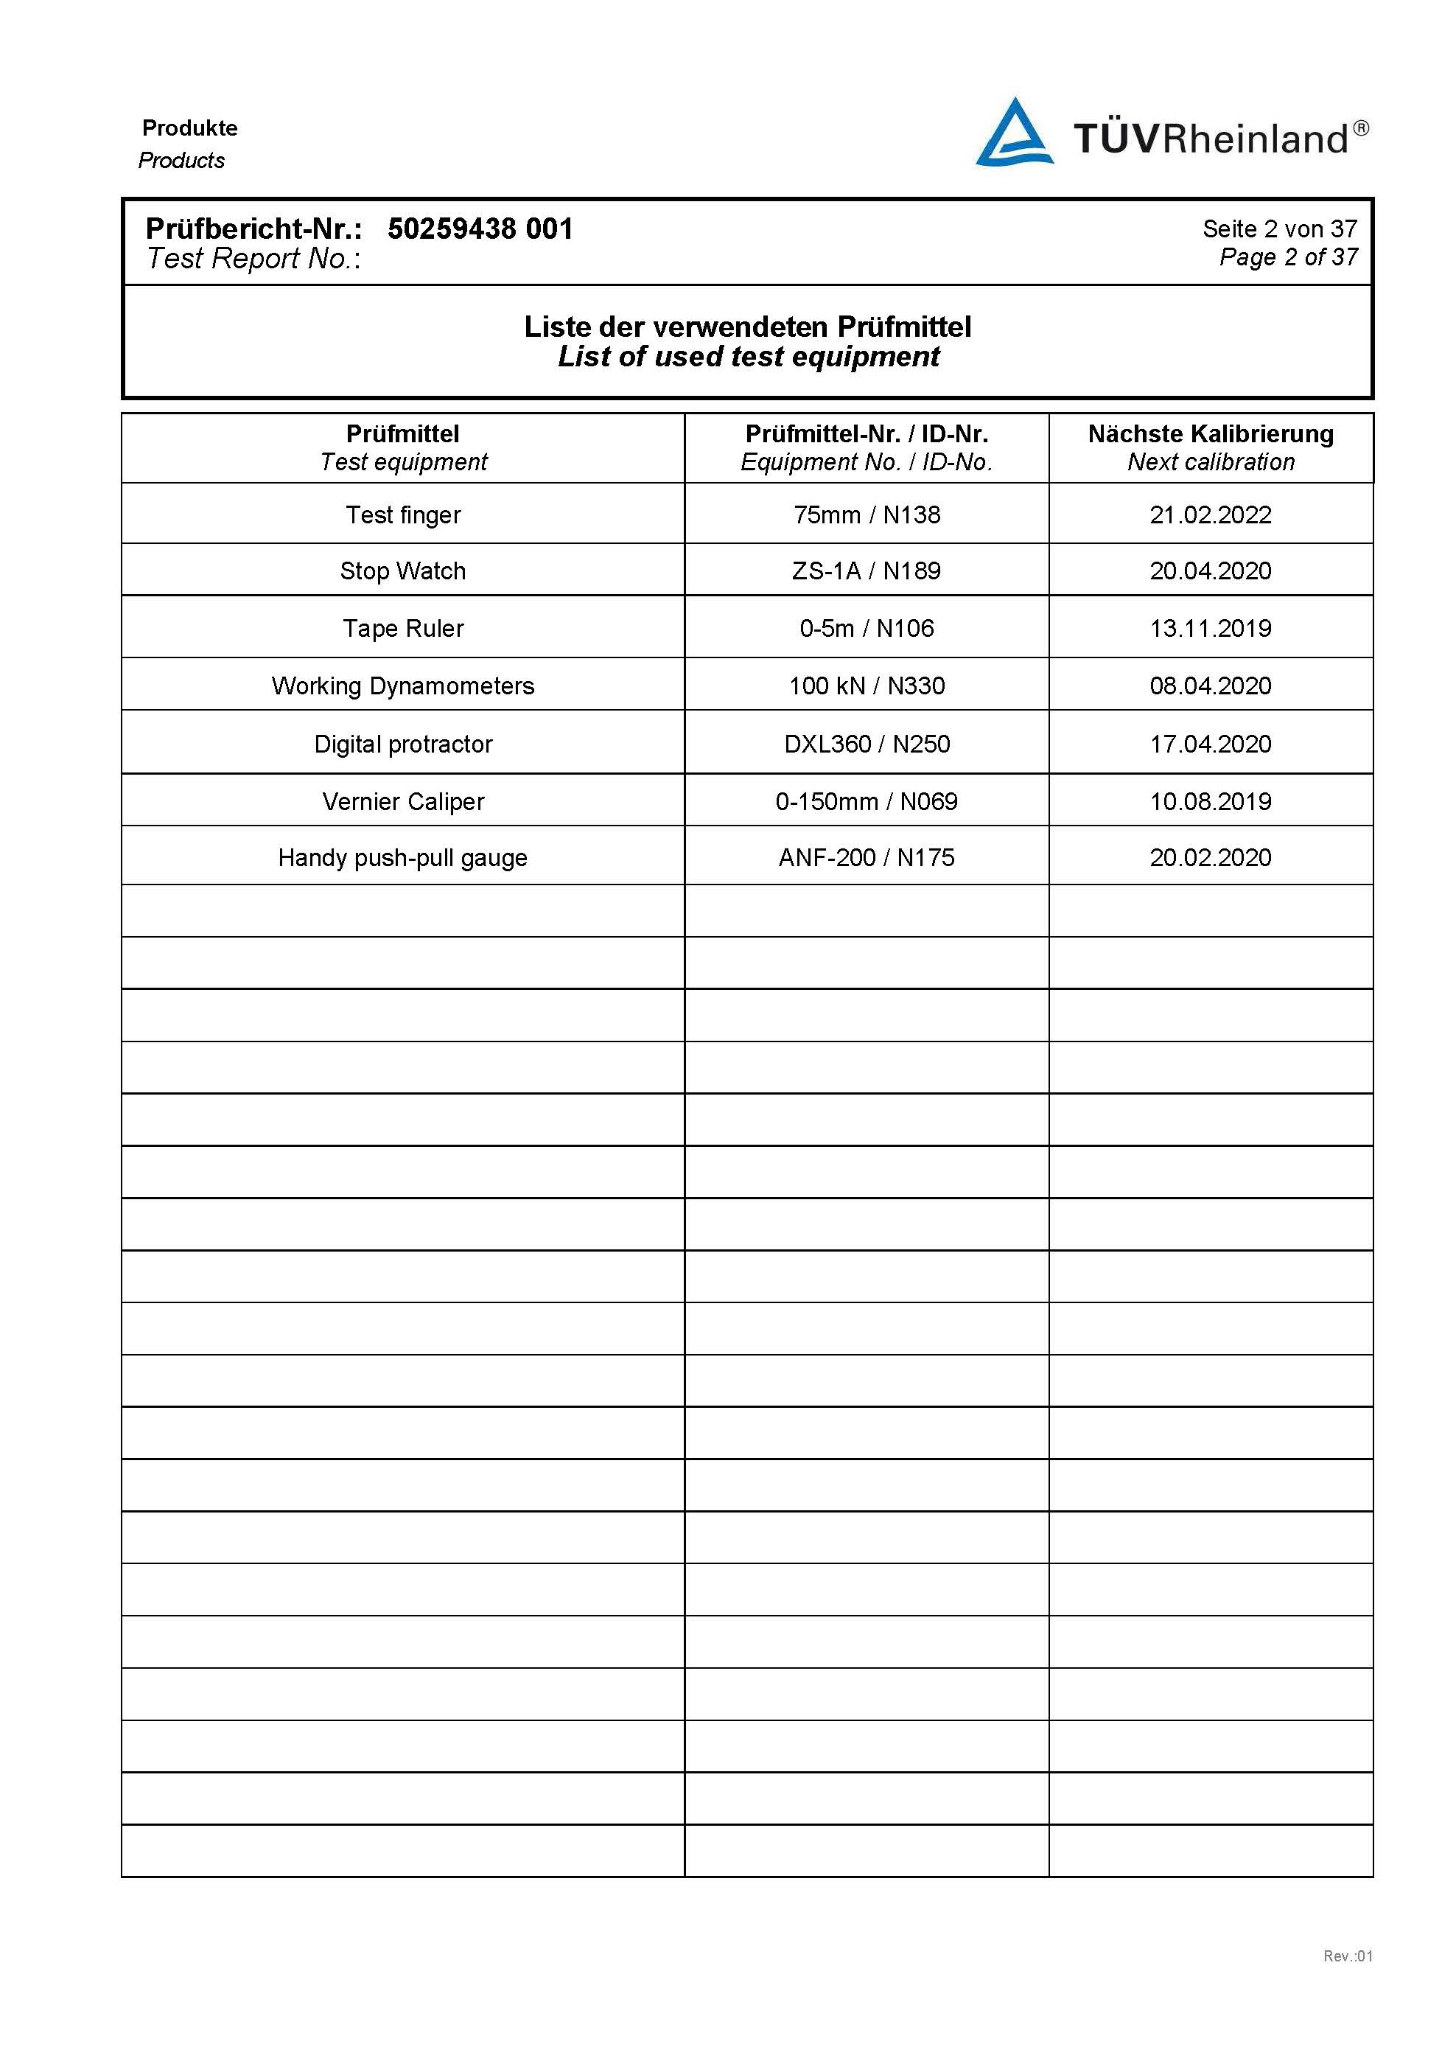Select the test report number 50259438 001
(480, 229)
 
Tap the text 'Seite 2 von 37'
(1278, 229)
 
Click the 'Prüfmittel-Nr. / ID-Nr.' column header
(866, 434)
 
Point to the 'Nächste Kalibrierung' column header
(1210, 434)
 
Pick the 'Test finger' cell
(403, 514)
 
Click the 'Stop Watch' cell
(403, 571)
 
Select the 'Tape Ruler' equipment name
(403, 628)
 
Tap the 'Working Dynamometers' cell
(403, 685)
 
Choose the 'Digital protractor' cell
(403, 744)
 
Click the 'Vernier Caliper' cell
(403, 801)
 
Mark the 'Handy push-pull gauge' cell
(403, 857)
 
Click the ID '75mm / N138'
(866, 514)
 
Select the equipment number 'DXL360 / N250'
(866, 744)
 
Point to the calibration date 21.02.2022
(1210, 514)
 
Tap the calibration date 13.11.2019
(1210, 628)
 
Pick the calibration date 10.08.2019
(1210, 801)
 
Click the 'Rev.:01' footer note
(1347, 1955)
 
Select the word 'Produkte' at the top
(189, 128)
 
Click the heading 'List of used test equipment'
(748, 357)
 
